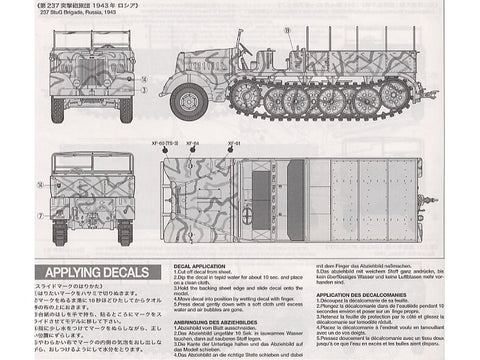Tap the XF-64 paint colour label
[192, 143]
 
